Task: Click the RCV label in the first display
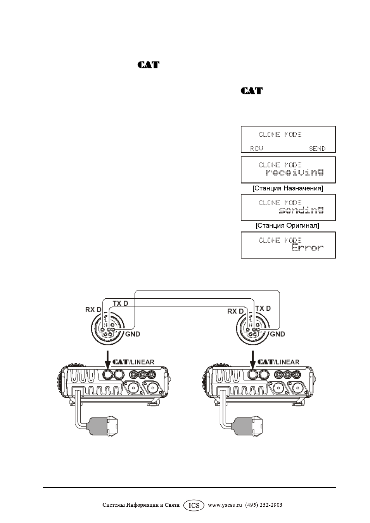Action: tap(256, 148)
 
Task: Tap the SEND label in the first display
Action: tap(317, 148)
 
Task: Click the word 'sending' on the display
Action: tap(301, 210)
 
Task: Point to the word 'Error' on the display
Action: tap(308, 248)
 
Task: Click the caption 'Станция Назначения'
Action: tap(288, 188)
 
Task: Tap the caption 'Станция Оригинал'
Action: tap(287, 225)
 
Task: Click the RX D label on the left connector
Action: tap(93, 310)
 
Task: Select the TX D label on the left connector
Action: tap(120, 303)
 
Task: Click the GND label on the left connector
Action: tap(133, 334)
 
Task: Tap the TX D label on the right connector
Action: tap(263, 308)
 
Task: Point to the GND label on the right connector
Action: tap(277, 334)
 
